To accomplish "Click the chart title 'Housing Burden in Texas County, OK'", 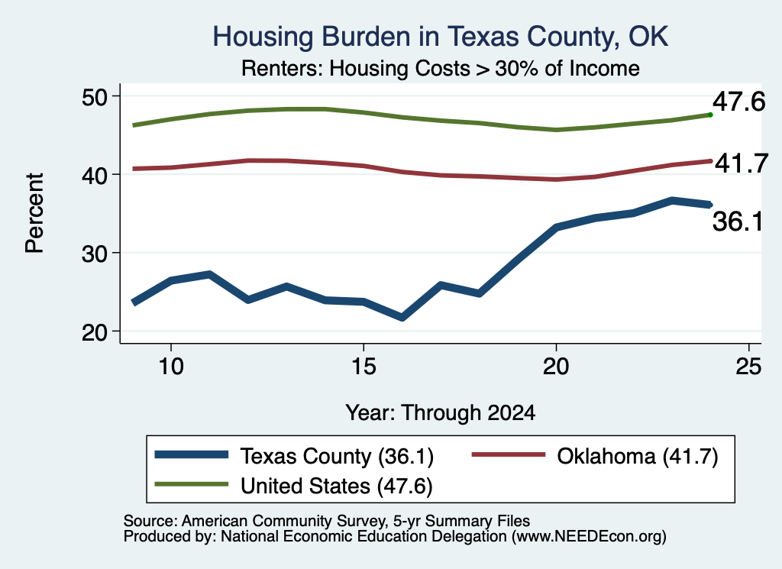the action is tap(441, 37).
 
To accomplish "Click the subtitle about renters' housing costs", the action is tap(441, 68).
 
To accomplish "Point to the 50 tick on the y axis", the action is tap(94, 96).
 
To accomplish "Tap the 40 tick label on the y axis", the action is tap(94, 175).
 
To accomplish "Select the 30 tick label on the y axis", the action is tap(94, 254).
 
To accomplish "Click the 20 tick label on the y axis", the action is tap(94, 331).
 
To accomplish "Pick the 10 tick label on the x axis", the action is tap(171, 367).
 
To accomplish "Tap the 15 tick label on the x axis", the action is tap(364, 367).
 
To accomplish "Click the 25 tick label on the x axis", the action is tap(748, 367).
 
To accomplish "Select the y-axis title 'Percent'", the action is tap(35, 213).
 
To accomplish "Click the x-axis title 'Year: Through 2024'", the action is tap(441, 413).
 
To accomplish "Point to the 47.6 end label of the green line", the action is tap(738, 102).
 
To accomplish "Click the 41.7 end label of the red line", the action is tap(742, 163).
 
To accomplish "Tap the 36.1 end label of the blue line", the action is tap(738, 221).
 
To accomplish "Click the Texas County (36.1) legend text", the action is tap(337, 456).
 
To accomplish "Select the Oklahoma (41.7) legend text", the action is tap(638, 456).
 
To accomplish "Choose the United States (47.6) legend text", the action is tap(337, 486).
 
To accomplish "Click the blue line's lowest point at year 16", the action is tap(402, 317).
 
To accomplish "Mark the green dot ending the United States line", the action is tap(710, 115).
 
